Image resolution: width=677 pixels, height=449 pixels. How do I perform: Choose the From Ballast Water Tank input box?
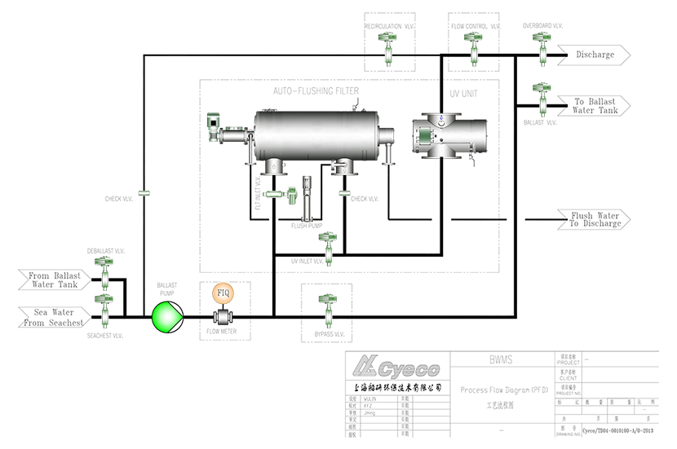[x=53, y=280]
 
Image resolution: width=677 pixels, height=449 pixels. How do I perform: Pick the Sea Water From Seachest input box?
[x=53, y=317]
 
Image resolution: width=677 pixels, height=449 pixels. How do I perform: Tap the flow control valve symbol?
[x=472, y=47]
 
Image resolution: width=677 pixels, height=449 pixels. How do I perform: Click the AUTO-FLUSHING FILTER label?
[x=316, y=90]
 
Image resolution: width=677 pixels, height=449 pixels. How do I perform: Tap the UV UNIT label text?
[x=464, y=93]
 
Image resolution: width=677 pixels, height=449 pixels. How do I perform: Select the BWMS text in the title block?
[x=499, y=359]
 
